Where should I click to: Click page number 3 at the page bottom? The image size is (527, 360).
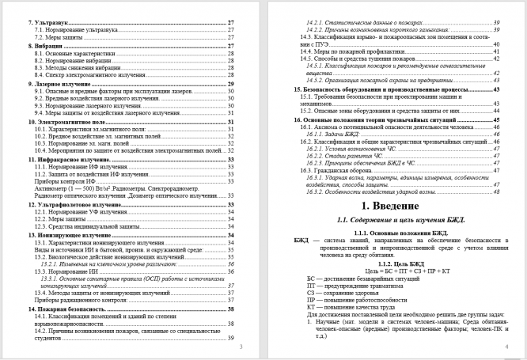(x=241, y=347)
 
